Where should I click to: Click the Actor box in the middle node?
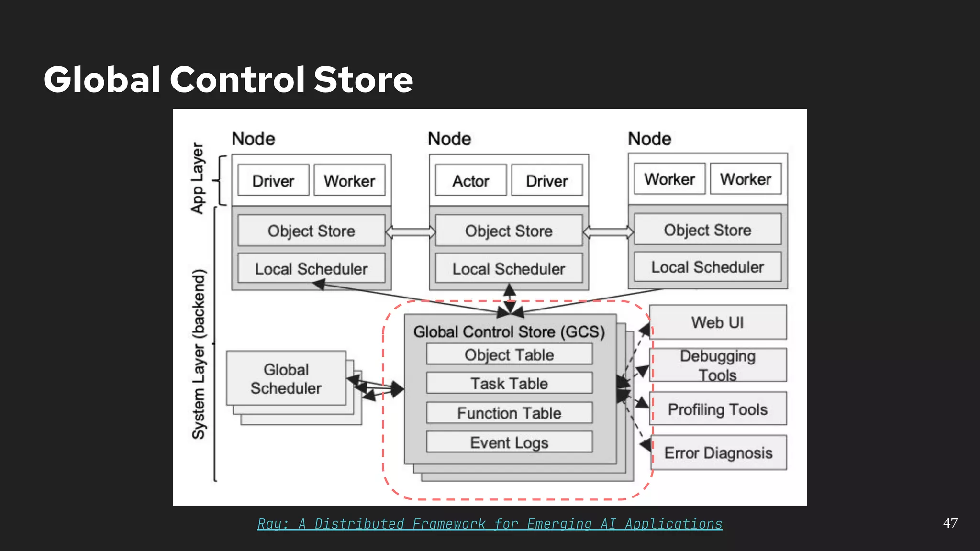(470, 181)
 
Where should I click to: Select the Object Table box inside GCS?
(509, 354)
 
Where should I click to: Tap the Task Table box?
(509, 383)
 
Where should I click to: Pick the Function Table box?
(509, 413)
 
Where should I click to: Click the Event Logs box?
(509, 442)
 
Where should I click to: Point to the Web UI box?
(717, 322)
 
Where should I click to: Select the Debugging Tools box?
(717, 365)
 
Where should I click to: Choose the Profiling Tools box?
(717, 409)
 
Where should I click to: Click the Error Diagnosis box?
(718, 452)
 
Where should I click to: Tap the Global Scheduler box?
(286, 378)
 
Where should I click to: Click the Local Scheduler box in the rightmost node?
(707, 267)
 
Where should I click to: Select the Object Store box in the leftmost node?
(311, 231)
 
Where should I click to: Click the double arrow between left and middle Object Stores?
(411, 232)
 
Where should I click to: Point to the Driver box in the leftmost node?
(273, 181)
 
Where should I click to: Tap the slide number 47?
(950, 523)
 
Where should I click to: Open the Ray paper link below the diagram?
(490, 524)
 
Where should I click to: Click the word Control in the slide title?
(237, 79)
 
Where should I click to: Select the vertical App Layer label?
(198, 178)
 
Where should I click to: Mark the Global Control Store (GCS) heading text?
(509, 331)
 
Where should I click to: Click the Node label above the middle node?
(449, 139)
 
